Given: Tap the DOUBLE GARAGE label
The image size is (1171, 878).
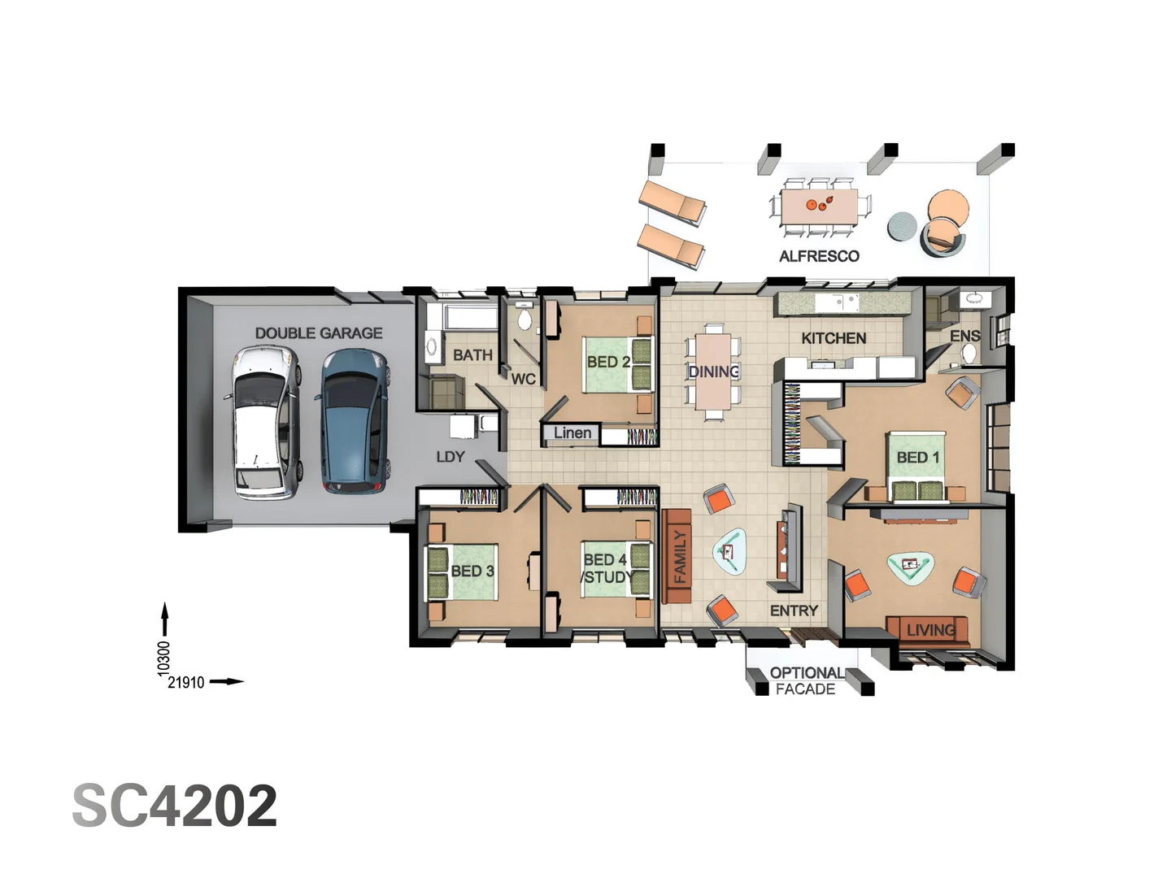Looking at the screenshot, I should click(318, 333).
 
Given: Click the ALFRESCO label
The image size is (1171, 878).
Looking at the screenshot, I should click(819, 256).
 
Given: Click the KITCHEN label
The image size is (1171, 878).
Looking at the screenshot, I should click(834, 338).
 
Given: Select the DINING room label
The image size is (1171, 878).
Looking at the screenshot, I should click(713, 372).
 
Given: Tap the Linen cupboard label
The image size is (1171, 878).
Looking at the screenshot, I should click(572, 433).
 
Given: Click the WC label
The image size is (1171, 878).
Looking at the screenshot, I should click(523, 379).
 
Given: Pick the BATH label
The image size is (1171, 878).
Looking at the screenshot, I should click(472, 355).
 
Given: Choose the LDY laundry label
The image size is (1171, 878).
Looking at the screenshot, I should click(451, 457).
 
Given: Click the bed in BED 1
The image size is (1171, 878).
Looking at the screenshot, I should click(917, 467).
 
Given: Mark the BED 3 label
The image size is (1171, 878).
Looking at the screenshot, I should click(472, 571).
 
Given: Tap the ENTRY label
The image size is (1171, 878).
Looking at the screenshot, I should click(794, 611).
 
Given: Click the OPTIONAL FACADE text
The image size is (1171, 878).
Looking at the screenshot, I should click(806, 681).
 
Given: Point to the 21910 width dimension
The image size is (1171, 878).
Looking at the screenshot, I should click(186, 683).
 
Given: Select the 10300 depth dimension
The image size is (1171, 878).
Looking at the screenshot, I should click(164, 658).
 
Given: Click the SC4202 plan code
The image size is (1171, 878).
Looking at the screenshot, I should click(175, 806).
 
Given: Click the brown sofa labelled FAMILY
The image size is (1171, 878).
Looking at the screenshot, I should click(676, 556).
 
